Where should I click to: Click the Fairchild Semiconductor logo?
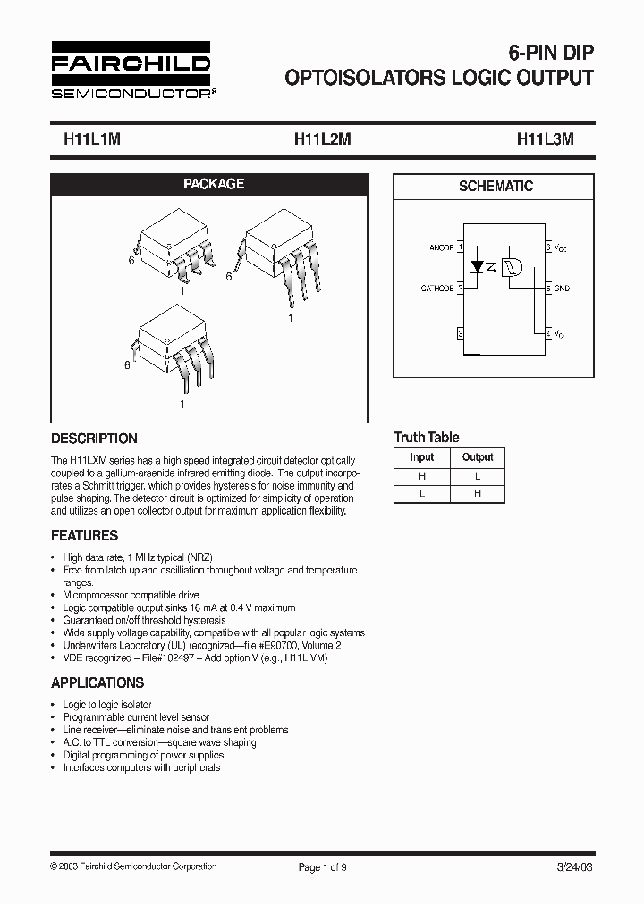point(130,70)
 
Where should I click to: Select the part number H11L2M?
point(323,140)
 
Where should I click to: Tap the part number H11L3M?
point(546,140)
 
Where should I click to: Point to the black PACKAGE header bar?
point(214,184)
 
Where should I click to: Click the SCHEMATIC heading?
point(496,187)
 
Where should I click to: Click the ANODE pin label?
point(441,247)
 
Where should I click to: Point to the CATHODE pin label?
point(437,289)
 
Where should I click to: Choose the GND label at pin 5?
point(562,289)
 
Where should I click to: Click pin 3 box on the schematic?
point(460,333)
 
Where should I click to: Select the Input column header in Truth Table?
point(422,457)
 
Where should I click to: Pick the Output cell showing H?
point(478,493)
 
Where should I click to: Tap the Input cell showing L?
point(422,493)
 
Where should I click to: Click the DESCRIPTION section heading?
point(94,439)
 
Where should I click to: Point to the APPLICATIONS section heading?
point(97,682)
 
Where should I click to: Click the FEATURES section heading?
point(84,536)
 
